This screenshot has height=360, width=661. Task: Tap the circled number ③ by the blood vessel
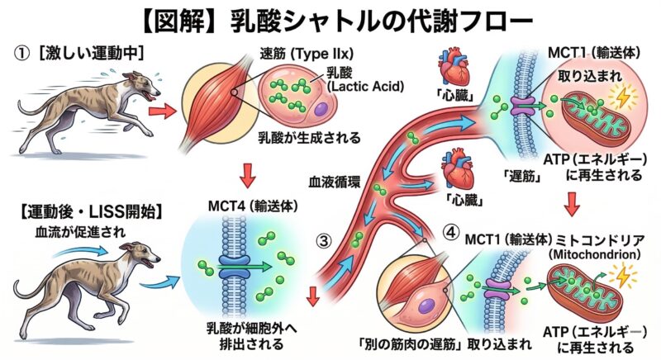(326, 241)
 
